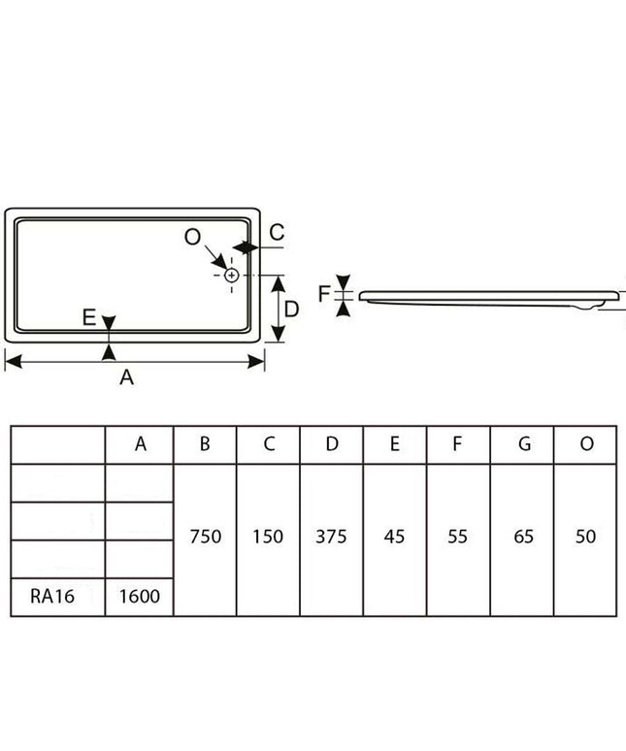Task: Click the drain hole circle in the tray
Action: [232, 276]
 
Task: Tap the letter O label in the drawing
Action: [192, 237]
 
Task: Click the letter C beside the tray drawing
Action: [277, 232]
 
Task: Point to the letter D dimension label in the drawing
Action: [291, 310]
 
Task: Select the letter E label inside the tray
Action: [89, 317]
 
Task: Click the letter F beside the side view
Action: [324, 294]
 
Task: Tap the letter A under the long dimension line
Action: [126, 377]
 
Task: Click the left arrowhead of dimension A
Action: [13, 362]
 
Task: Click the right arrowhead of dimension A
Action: [256, 362]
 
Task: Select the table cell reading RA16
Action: [52, 597]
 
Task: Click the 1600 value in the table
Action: [140, 597]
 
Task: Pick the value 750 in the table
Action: [206, 537]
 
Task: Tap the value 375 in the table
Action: [331, 537]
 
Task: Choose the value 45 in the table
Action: [394, 537]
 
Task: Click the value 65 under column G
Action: [523, 537]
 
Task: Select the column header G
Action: [524, 444]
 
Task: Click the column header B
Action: [205, 444]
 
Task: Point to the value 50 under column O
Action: [586, 537]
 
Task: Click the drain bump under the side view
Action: [588, 305]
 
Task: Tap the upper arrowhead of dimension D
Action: [279, 284]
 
